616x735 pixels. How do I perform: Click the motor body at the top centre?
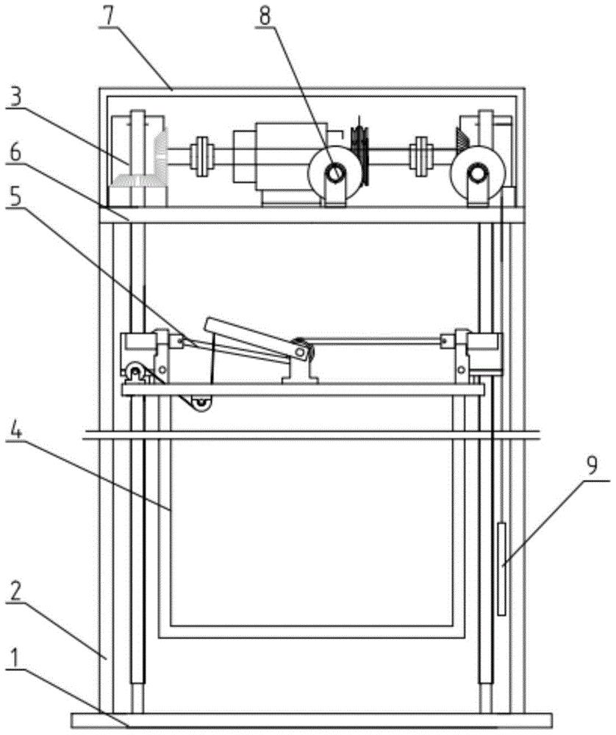point(272,158)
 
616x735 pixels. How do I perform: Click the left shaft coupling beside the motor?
point(201,156)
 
